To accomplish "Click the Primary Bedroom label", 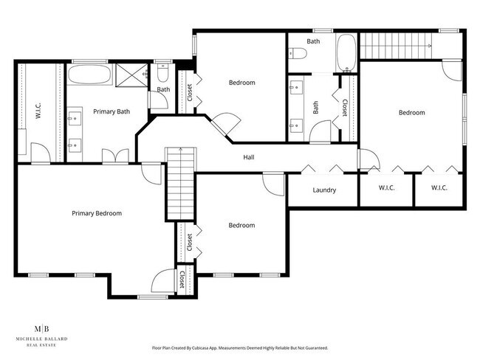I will [x=97, y=213].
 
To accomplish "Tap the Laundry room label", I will [x=324, y=190].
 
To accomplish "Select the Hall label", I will [x=250, y=157].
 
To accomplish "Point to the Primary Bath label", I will [x=112, y=112].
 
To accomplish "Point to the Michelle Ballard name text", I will [x=43, y=339].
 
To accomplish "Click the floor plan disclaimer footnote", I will [x=240, y=347].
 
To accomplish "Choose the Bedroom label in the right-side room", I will [x=411, y=113].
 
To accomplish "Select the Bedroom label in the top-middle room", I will [x=241, y=83].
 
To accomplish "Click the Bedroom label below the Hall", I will [x=241, y=225].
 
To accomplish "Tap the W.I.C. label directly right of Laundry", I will [x=387, y=189].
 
